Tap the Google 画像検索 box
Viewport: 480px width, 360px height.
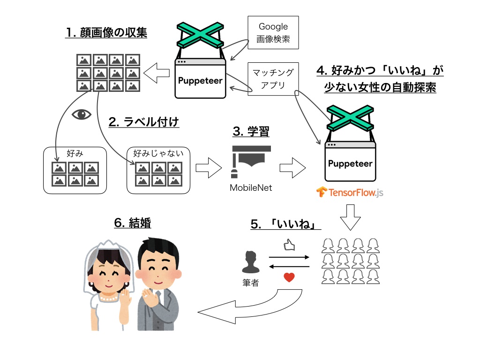[x=273, y=33]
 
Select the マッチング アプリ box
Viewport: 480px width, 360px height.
[x=273, y=79]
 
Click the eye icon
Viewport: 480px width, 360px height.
[x=81, y=115]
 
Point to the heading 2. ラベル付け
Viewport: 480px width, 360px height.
[x=144, y=122]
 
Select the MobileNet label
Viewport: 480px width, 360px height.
[x=251, y=188]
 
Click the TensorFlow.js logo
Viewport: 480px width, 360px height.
[x=350, y=192]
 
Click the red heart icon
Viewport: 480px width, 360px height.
[x=289, y=277]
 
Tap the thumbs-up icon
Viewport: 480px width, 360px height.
[x=289, y=245]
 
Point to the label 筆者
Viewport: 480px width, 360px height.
[x=250, y=283]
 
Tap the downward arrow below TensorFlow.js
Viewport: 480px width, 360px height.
[x=350, y=217]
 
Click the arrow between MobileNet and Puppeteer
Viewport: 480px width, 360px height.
[x=292, y=168]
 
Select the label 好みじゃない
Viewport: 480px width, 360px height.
[x=158, y=153]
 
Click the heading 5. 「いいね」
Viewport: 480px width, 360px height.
[x=285, y=225]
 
